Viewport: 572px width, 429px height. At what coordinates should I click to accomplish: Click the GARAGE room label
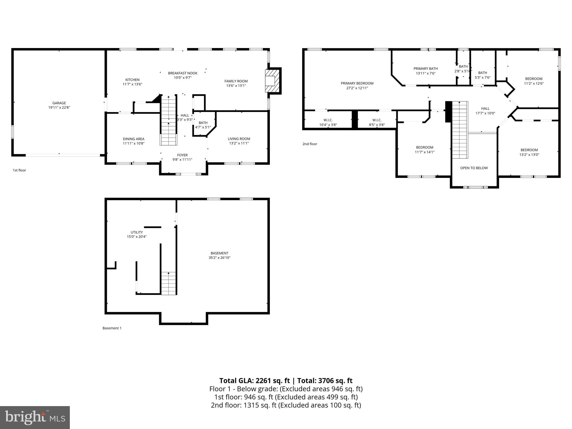pyautogui.click(x=59, y=103)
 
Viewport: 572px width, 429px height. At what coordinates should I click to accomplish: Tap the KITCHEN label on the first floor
pyautogui.click(x=132, y=80)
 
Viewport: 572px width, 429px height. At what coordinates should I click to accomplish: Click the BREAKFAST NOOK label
pyautogui.click(x=183, y=73)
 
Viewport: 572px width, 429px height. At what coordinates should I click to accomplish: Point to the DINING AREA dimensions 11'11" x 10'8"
pyautogui.click(x=134, y=143)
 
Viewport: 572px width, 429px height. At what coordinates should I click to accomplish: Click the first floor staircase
pyautogui.click(x=169, y=120)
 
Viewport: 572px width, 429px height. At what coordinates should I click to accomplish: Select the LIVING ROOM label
pyautogui.click(x=239, y=139)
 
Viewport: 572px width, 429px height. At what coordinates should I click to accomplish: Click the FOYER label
pyautogui.click(x=182, y=155)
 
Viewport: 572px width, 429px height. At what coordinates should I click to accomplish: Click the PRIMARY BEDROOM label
pyautogui.click(x=357, y=83)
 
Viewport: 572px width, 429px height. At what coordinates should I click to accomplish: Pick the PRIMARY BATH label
pyautogui.click(x=425, y=69)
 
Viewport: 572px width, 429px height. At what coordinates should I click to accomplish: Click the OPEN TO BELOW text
pyautogui.click(x=474, y=168)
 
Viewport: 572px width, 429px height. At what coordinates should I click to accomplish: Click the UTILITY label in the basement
pyautogui.click(x=137, y=232)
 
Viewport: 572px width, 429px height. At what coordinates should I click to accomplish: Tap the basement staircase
pyautogui.click(x=169, y=283)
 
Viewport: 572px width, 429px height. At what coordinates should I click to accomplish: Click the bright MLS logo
pyautogui.click(x=35, y=418)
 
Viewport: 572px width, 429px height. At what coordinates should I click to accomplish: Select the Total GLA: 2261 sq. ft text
pyautogui.click(x=255, y=381)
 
